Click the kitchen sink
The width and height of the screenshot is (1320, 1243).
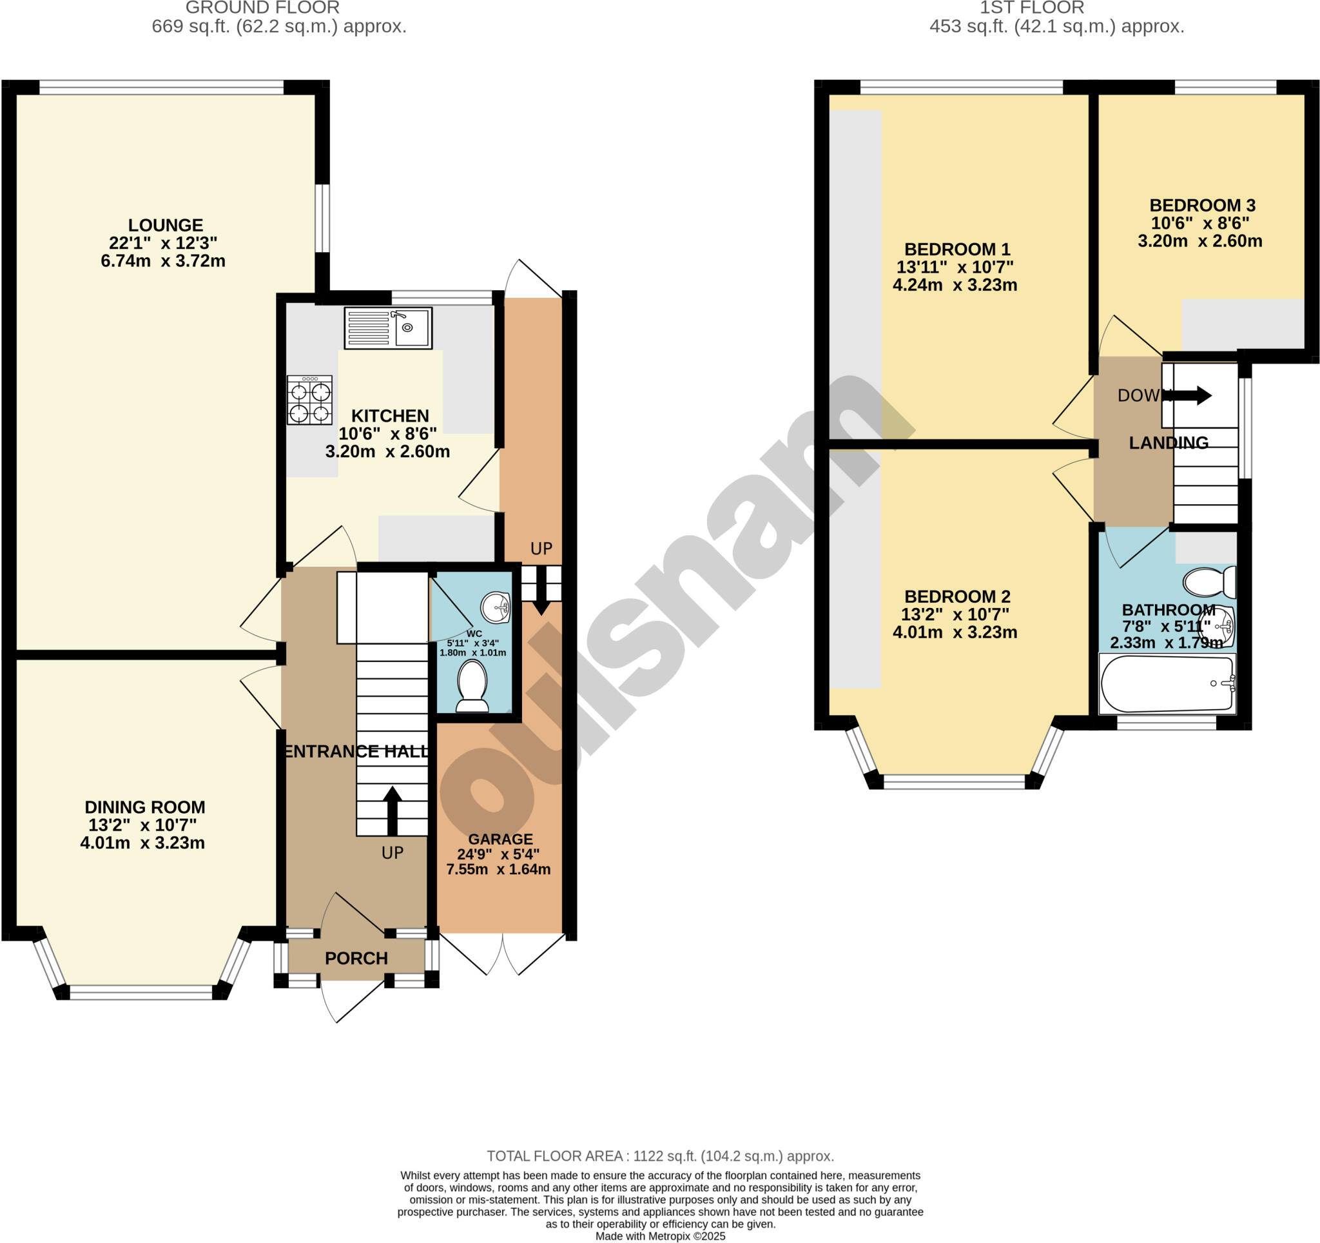(388, 328)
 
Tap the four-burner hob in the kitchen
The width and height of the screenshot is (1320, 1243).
(309, 400)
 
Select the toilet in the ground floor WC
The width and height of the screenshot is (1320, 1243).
(472, 685)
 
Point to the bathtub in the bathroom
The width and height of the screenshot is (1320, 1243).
(1167, 683)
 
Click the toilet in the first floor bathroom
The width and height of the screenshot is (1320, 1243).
(1209, 582)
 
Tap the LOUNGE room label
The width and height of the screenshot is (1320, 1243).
(166, 225)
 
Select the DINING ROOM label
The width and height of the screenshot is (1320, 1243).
(145, 807)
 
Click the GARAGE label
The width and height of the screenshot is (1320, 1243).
(500, 839)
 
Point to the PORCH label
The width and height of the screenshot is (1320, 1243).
(356, 958)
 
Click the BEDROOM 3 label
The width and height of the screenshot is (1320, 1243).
(1202, 205)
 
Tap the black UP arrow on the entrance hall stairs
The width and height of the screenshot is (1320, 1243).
(392, 810)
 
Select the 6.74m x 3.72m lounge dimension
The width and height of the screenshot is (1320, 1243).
(162, 261)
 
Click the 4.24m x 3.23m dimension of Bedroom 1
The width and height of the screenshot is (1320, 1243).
(954, 285)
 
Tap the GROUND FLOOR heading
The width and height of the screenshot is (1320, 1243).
(262, 8)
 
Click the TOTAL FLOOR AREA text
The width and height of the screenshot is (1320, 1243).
(660, 1156)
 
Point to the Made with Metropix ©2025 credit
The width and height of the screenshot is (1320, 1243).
(660, 1237)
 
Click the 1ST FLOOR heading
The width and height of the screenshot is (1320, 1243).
(1032, 8)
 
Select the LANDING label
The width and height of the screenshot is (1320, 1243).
(1168, 442)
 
